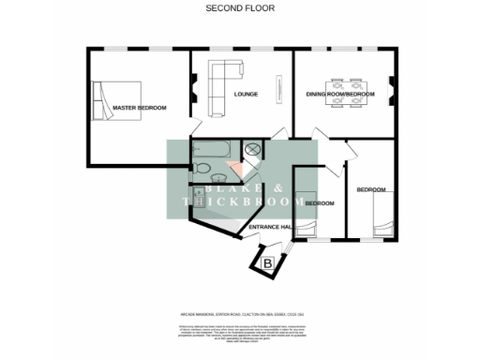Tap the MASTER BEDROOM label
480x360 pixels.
point(139,109)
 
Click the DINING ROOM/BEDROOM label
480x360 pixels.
point(340,95)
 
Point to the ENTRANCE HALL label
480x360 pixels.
point(269,227)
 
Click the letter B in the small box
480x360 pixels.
point(268,264)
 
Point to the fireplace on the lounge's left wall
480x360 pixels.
point(196,91)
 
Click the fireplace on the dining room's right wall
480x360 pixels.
point(391,91)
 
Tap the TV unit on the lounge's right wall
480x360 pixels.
point(277,91)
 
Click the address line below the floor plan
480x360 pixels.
point(239,313)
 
